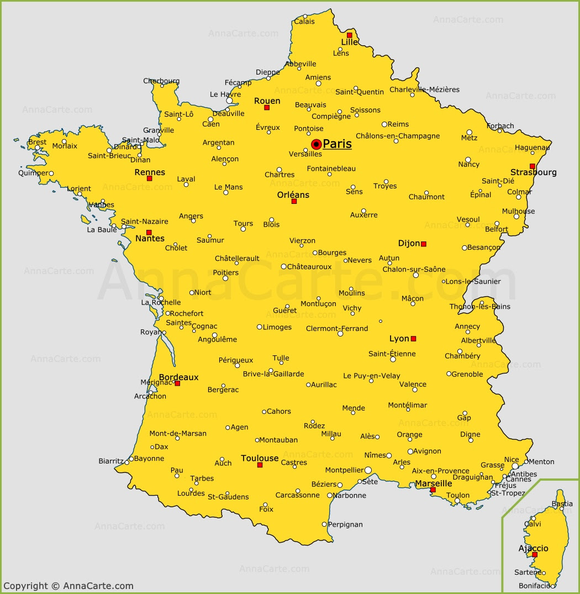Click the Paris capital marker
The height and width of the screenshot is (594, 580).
[x=317, y=144]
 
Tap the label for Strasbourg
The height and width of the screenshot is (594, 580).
[x=533, y=172]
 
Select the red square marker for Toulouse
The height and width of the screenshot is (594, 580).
[x=260, y=465]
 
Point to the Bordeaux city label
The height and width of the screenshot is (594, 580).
[x=178, y=377]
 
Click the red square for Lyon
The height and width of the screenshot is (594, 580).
[x=413, y=339]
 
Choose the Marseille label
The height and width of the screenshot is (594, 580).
[x=434, y=483]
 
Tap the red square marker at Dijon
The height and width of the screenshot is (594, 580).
[x=424, y=244]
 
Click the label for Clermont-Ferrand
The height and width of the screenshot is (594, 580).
[x=337, y=328]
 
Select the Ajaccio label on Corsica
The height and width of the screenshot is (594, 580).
[x=533, y=548]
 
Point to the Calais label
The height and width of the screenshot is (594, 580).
[x=304, y=22]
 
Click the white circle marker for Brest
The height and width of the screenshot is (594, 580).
[x=38, y=148]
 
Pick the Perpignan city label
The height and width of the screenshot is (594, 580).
[x=345, y=524]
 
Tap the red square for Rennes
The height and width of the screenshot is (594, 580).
[x=149, y=178]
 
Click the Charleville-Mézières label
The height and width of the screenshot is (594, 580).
[x=424, y=90]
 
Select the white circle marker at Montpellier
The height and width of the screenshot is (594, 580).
[x=368, y=470]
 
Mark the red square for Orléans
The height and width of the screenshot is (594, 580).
[x=294, y=201]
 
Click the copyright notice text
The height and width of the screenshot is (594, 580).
[x=68, y=586]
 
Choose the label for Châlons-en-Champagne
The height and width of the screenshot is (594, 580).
[x=398, y=136]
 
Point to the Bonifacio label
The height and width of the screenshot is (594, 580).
[x=535, y=586]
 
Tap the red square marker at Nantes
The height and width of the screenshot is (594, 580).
[x=149, y=233]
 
